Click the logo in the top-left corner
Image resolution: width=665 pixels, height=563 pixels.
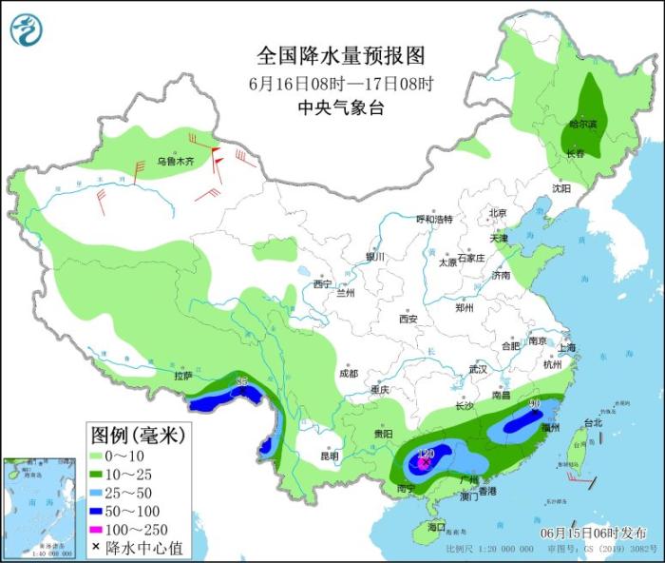pyautogui.click(x=27, y=29)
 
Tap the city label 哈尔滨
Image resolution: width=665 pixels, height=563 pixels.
pyautogui.click(x=583, y=125)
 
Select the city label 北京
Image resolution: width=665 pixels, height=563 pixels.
pyautogui.click(x=498, y=213)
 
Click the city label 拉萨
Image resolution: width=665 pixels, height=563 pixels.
pyautogui.click(x=183, y=377)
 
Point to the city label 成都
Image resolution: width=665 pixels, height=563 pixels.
pyautogui.click(x=348, y=373)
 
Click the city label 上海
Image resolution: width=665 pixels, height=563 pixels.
pyautogui.click(x=567, y=348)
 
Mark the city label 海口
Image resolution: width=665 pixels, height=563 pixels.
pyautogui.click(x=436, y=527)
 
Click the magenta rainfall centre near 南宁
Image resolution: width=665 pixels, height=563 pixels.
pyautogui.click(x=419, y=463)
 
